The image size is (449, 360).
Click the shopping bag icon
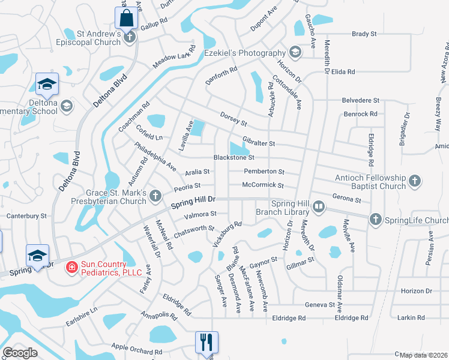[127, 17]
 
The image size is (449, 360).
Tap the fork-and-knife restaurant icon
[206, 342]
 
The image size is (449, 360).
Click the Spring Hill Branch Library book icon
[318, 208]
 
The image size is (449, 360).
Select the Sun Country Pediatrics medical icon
[71, 266]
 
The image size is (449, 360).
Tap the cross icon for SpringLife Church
[375, 220]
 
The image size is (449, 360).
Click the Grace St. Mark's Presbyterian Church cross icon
[155, 195]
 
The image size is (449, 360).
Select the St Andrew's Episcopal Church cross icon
[130, 37]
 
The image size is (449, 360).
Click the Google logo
[20, 353]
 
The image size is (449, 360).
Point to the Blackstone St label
[234, 158]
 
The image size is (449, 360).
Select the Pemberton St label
[264, 172]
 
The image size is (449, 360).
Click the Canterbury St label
[26, 215]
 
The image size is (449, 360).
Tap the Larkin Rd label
[412, 317]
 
